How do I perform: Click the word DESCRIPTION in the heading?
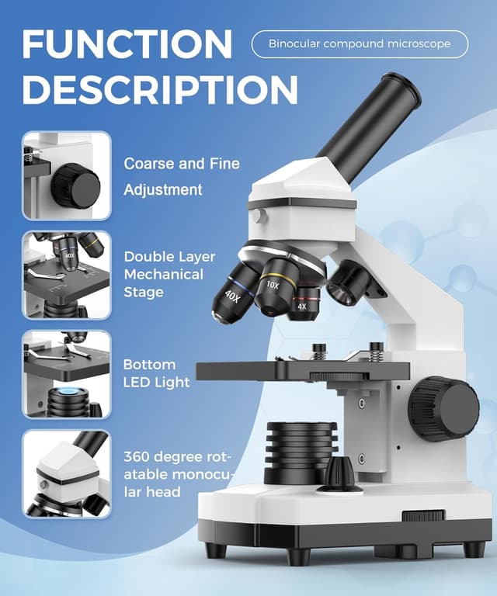pos(160,90)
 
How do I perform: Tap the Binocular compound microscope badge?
pos(360,43)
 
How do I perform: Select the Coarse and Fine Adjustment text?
pos(182,176)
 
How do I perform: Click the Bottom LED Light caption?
pos(156,372)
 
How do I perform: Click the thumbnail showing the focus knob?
pos(67,175)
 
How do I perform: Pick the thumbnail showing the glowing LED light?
pos(67,374)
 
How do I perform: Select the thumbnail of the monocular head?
pos(67,474)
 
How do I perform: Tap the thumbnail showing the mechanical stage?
pos(67,275)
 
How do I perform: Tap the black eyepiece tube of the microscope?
pos(370,117)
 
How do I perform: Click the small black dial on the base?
pos(338,473)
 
